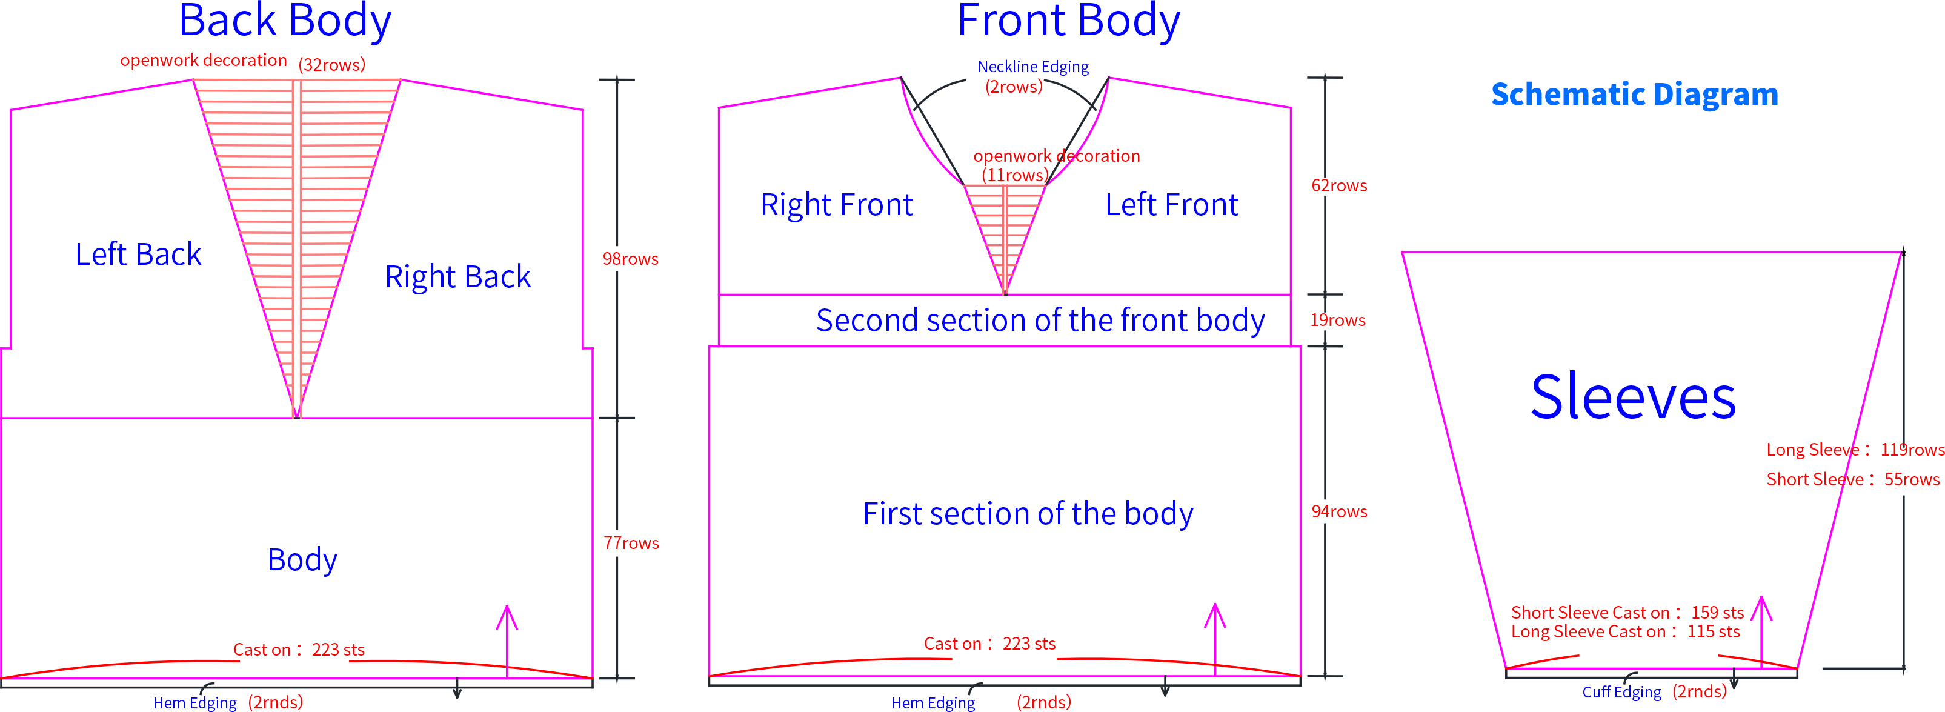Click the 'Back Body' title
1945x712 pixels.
[x=285, y=21]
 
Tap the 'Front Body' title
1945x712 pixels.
[x=1068, y=21]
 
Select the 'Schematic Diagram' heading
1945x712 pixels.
[x=1635, y=95]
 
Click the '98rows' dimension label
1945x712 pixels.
[x=631, y=259]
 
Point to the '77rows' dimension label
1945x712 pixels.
[x=631, y=543]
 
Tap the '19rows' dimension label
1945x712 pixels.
[x=1338, y=320]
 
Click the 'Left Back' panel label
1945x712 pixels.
[x=138, y=255]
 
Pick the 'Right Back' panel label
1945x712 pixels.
[x=457, y=277]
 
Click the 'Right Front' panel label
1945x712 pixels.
[x=837, y=205]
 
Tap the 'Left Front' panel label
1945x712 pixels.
[x=1172, y=205]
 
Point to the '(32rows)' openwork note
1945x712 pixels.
[x=331, y=65]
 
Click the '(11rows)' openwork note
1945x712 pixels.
[x=1015, y=175]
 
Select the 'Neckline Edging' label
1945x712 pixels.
[x=1033, y=67]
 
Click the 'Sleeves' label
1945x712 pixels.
[x=1633, y=396]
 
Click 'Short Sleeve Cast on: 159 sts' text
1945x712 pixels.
[x=1627, y=613]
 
